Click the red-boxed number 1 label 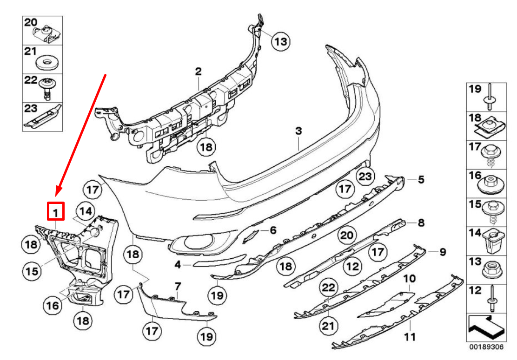click(56, 213)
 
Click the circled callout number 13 click(280, 42)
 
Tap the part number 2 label click(198, 72)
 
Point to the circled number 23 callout click(365, 177)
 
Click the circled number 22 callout click(328, 288)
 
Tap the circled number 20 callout click(346, 235)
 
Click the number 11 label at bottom click(410, 337)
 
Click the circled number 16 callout click(53, 305)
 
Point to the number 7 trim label click(177, 285)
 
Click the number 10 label click(409, 279)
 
